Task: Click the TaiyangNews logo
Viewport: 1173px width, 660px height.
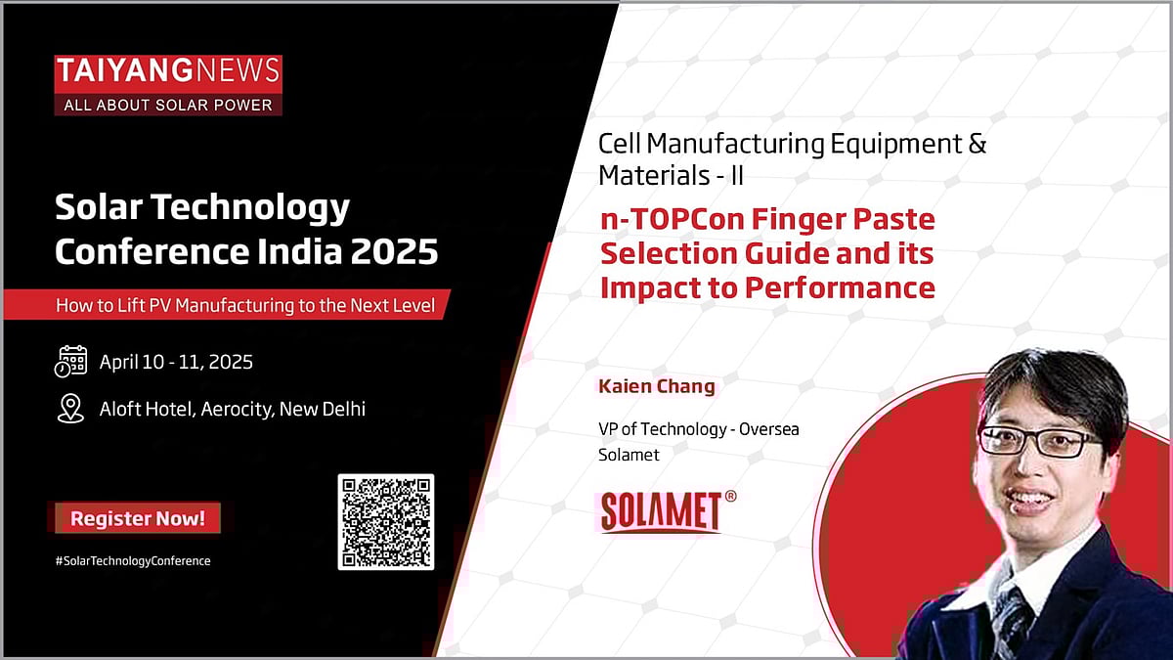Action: (168, 71)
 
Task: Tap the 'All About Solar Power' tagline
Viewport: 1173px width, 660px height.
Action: (168, 105)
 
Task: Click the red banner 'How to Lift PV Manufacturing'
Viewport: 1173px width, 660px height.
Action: (252, 304)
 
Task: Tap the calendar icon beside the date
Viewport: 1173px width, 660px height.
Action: (70, 362)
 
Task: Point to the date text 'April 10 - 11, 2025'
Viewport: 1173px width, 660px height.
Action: (176, 362)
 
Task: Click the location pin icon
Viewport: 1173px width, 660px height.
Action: (70, 409)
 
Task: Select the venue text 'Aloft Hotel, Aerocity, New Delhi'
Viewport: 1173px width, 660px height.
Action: (233, 409)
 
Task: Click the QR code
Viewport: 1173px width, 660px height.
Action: (386, 521)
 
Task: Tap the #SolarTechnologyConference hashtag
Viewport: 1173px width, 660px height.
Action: (133, 560)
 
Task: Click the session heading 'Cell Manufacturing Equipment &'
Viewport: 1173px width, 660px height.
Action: (792, 145)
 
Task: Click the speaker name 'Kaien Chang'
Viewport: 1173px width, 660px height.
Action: (656, 386)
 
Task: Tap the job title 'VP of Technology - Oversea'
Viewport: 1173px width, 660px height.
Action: (698, 430)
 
